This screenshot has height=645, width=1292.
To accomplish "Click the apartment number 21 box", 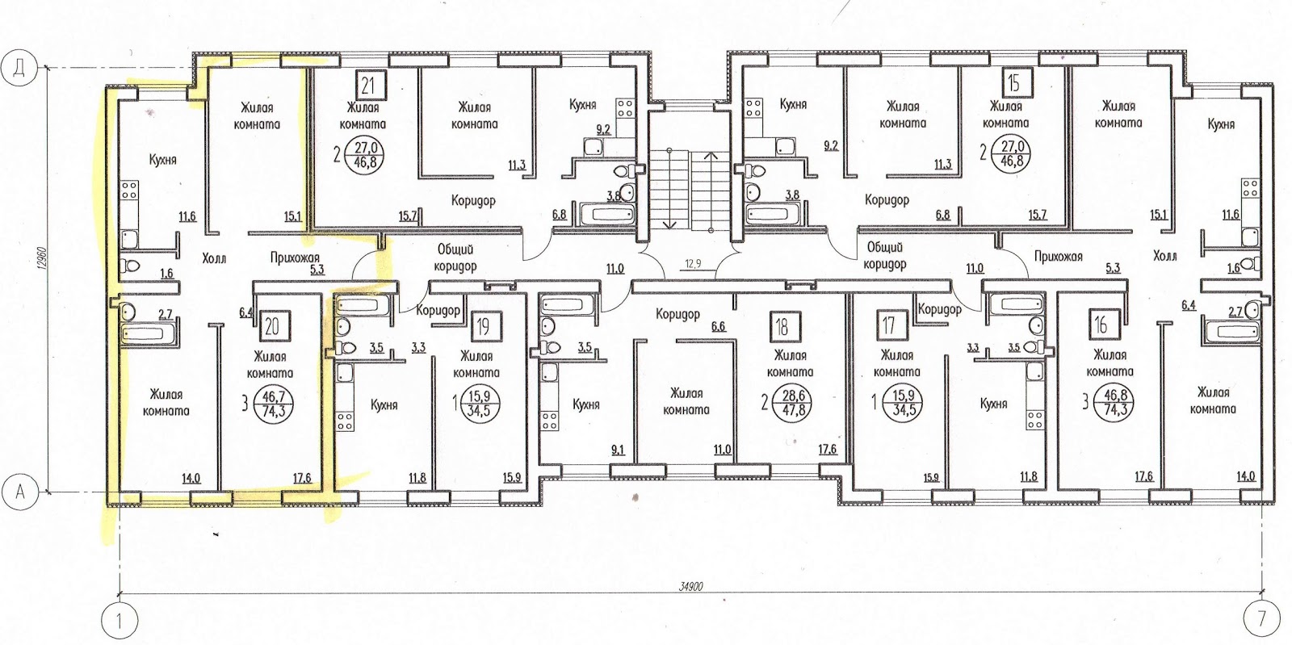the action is pyautogui.click(x=368, y=86).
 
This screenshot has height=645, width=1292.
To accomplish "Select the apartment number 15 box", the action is pyautogui.click(x=1014, y=84).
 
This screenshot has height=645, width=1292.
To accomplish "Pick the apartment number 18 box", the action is pyautogui.click(x=782, y=327).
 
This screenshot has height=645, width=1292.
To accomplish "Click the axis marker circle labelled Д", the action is pyautogui.click(x=19, y=69).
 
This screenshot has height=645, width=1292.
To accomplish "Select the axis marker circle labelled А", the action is pyautogui.click(x=19, y=492).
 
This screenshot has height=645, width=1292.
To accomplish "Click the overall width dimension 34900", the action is pyautogui.click(x=690, y=587).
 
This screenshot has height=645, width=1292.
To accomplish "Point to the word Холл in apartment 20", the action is pyautogui.click(x=214, y=258).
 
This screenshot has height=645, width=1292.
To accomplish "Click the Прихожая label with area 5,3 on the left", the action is pyautogui.click(x=295, y=258).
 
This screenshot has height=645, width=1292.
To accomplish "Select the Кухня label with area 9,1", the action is pyautogui.click(x=586, y=404).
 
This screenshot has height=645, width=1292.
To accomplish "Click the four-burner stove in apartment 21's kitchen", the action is pyautogui.click(x=625, y=108).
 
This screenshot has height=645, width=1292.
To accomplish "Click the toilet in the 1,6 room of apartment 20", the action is pyautogui.click(x=131, y=266).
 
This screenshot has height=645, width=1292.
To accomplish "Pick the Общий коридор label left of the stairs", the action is pyautogui.click(x=455, y=258).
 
